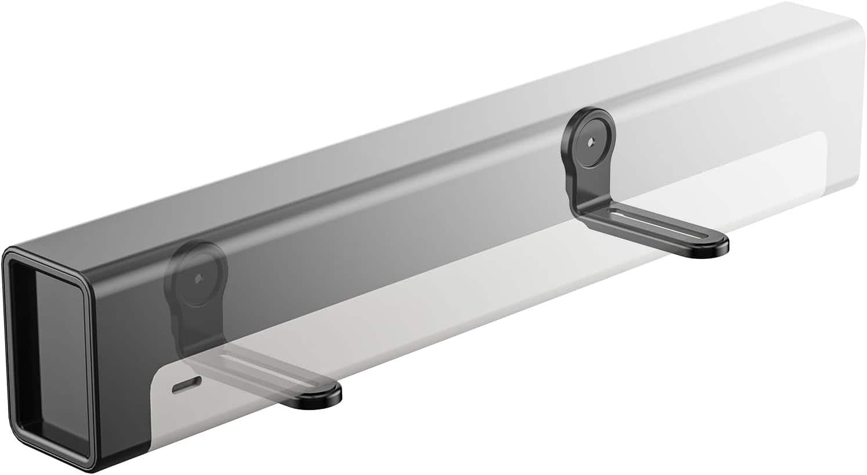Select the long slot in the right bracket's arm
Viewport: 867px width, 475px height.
click(656, 233)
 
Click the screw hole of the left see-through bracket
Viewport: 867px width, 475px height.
click(199, 278)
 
